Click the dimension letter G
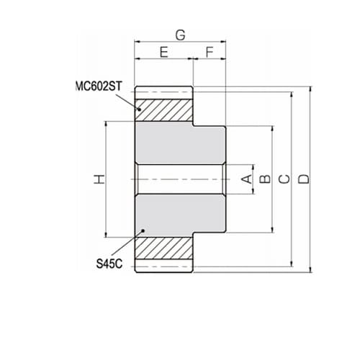tap(181, 35)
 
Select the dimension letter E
tap(164, 52)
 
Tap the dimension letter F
tap(210, 52)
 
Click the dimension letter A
tap(247, 179)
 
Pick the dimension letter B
tap(266, 179)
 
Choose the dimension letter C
tap(285, 179)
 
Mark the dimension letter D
tap(305, 179)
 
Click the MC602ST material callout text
tap(99, 86)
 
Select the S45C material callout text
tap(109, 264)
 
